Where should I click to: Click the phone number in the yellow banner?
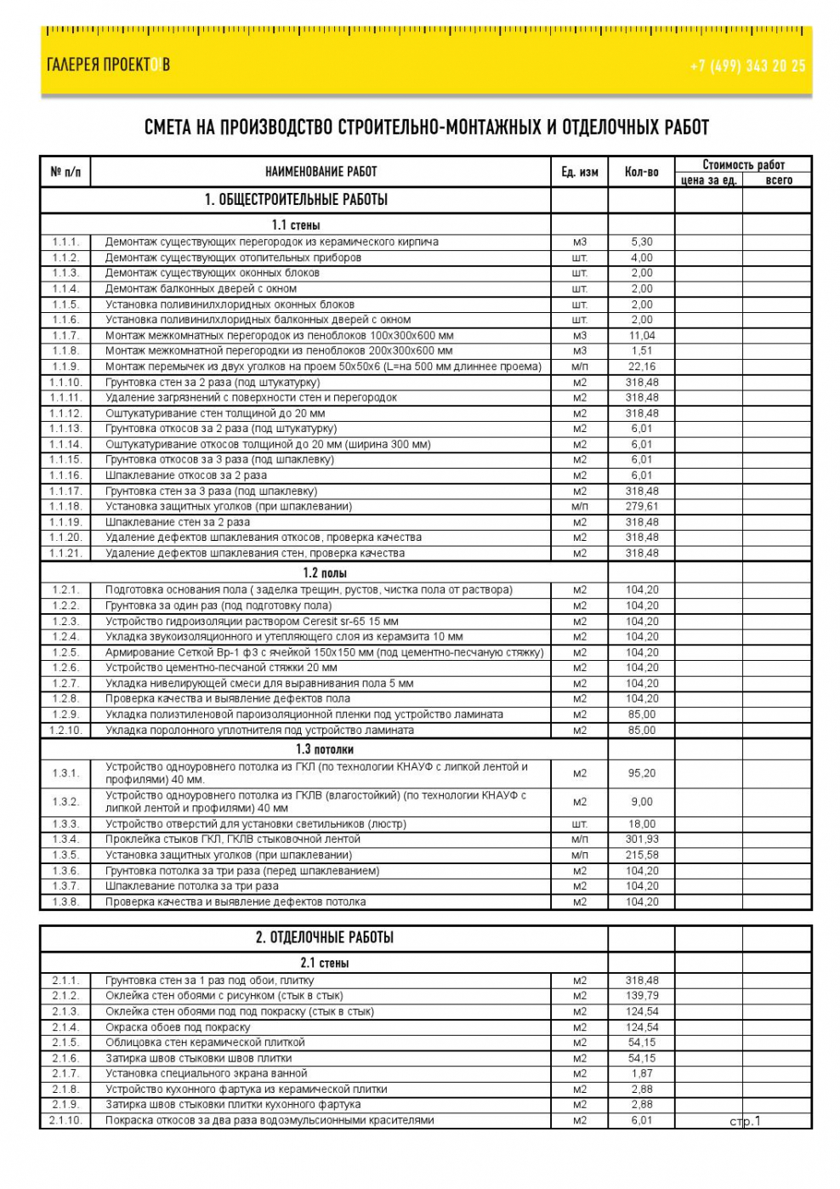(x=747, y=65)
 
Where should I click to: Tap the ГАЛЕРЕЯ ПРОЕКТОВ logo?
(x=108, y=65)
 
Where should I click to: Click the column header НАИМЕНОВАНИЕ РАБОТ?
(x=321, y=172)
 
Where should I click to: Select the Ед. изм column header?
(x=579, y=172)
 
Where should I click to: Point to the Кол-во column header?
(x=641, y=172)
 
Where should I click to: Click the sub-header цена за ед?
(x=708, y=180)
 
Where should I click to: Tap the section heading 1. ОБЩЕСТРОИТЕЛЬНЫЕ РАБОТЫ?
(x=296, y=200)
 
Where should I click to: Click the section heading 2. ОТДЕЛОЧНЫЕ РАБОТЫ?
(x=324, y=938)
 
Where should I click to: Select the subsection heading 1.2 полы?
(x=325, y=573)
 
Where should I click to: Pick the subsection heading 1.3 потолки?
(x=325, y=749)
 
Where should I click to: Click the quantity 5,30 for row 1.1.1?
(x=642, y=242)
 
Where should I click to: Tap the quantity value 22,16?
(x=642, y=367)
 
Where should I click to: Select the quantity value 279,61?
(x=642, y=506)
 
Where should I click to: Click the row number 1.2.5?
(x=65, y=652)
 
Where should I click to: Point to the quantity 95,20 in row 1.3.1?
(x=642, y=773)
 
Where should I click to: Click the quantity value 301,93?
(x=642, y=839)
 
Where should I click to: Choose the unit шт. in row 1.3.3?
(x=579, y=824)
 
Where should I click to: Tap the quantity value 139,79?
(x=642, y=996)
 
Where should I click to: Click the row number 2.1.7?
(x=65, y=1073)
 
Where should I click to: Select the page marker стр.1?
(x=745, y=1121)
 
